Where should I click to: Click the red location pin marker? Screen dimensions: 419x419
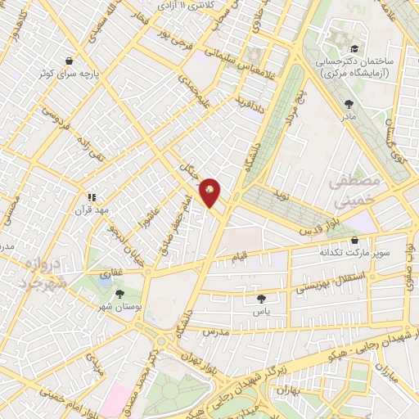pos(210,191)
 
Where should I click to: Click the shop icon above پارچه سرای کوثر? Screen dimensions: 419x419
pos(69,61)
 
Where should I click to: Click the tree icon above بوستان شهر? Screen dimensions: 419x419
pos(120,294)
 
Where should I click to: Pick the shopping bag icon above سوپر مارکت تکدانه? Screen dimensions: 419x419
pos(354,241)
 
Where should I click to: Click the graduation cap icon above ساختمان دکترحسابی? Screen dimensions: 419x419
pos(340,36)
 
